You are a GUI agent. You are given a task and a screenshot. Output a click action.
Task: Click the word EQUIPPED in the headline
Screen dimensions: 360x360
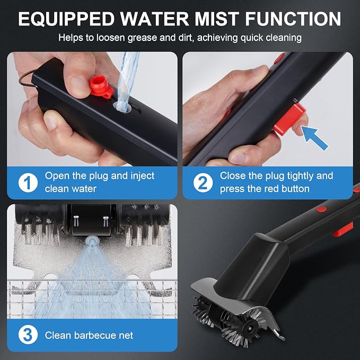[66, 19]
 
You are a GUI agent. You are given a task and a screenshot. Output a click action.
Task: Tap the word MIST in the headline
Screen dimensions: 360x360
[217, 19]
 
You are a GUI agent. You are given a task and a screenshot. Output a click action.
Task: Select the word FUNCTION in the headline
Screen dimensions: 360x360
[293, 19]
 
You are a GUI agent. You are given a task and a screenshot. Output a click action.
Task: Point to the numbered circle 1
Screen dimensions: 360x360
[28, 182]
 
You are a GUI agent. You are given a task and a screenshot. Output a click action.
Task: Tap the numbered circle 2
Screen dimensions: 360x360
[203, 182]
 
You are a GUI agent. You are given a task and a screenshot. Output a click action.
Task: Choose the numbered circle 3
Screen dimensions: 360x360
[28, 335]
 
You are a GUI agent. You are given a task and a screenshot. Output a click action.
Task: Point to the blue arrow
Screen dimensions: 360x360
[314, 138]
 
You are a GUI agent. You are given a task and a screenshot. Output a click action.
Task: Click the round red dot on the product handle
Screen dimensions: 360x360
[321, 209]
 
